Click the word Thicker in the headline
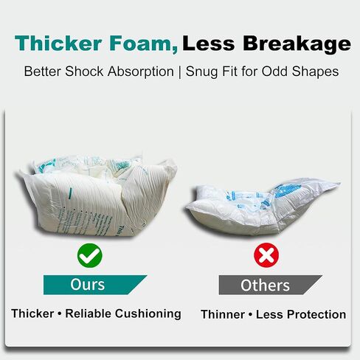click(x=56, y=44)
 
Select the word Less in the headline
click(x=212, y=44)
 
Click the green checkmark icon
click(x=90, y=256)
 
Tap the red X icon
click(x=266, y=256)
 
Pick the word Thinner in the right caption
click(x=224, y=314)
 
